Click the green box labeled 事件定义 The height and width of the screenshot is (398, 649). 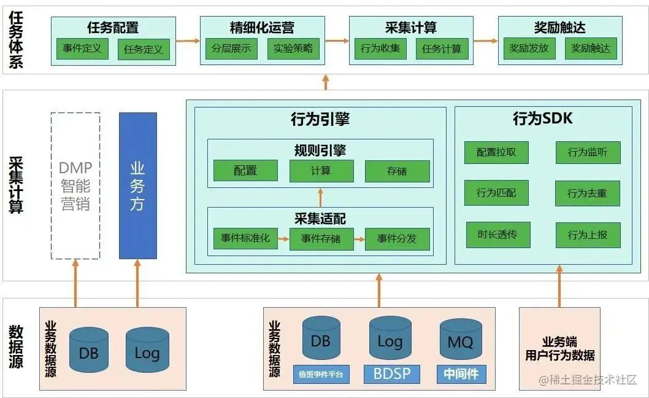click(82, 49)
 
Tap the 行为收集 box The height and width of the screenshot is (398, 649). click(380, 49)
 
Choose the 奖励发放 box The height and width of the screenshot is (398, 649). click(529, 49)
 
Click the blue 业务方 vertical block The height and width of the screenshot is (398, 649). click(137, 185)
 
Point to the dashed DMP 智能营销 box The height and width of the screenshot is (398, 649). click(75, 185)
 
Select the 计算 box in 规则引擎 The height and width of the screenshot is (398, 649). click(321, 171)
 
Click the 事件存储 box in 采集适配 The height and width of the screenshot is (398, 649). click(321, 238)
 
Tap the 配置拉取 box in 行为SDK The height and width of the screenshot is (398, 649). click(497, 152)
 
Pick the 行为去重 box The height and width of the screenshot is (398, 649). click(587, 193)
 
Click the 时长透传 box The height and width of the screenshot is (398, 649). click(497, 234)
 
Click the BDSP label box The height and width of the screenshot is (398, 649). click(391, 373)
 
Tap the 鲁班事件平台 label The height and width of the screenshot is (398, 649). click(321, 373)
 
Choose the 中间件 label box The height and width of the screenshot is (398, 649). click(461, 373)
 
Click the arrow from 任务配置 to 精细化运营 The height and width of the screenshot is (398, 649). click(188, 41)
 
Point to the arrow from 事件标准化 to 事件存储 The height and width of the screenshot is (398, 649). click(283, 238)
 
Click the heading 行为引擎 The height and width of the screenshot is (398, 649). click(320, 119)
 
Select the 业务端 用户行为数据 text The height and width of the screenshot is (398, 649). click(559, 348)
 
